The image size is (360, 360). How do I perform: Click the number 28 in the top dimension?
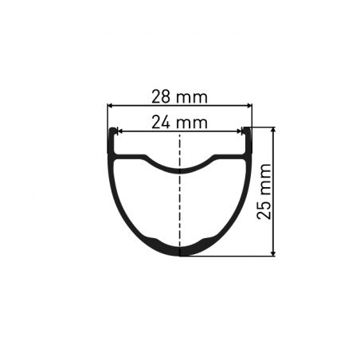point(160,96)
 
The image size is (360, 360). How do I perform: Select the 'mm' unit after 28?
point(192,98)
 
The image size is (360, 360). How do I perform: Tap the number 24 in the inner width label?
point(160,123)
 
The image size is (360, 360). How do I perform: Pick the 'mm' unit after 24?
point(192,124)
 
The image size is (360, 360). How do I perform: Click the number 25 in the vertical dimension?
point(264,210)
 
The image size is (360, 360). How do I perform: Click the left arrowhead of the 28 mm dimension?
point(109,106)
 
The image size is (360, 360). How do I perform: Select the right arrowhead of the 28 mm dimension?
point(249,106)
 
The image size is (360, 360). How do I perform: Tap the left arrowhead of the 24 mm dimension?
point(119,131)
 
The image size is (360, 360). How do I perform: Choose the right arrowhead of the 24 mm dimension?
point(240,131)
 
